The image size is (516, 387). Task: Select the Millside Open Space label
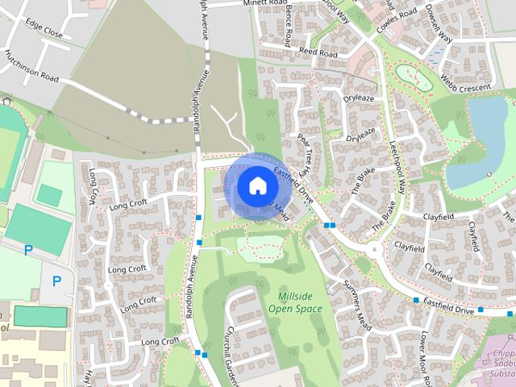(294, 302)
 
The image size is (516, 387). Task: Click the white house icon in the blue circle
(256, 185)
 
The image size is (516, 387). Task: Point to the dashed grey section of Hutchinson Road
(153, 119)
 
